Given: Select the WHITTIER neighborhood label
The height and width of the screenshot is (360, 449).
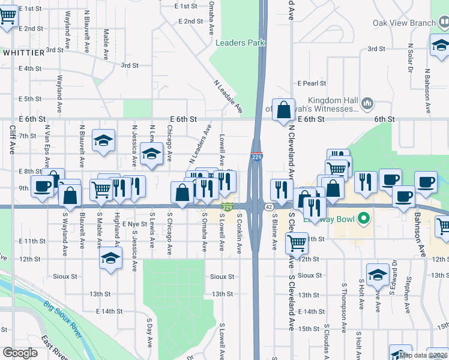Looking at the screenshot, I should (x=23, y=53).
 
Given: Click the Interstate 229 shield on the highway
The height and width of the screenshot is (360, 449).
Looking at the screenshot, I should (x=257, y=157).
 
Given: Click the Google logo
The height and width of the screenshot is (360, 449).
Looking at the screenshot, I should (x=20, y=353).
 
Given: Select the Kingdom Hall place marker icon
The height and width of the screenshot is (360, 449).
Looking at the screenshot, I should (x=368, y=104).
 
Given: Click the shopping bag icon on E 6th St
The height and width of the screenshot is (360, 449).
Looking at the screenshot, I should (x=283, y=110).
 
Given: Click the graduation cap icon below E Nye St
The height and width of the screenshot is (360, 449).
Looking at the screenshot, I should (x=111, y=259).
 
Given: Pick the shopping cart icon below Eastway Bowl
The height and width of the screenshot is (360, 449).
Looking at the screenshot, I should (x=297, y=243).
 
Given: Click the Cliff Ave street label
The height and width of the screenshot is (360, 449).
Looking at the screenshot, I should (x=11, y=139).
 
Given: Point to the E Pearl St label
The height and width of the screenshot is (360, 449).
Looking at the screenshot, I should (x=312, y=83).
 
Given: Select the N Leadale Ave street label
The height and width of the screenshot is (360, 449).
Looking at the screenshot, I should (x=228, y=97).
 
